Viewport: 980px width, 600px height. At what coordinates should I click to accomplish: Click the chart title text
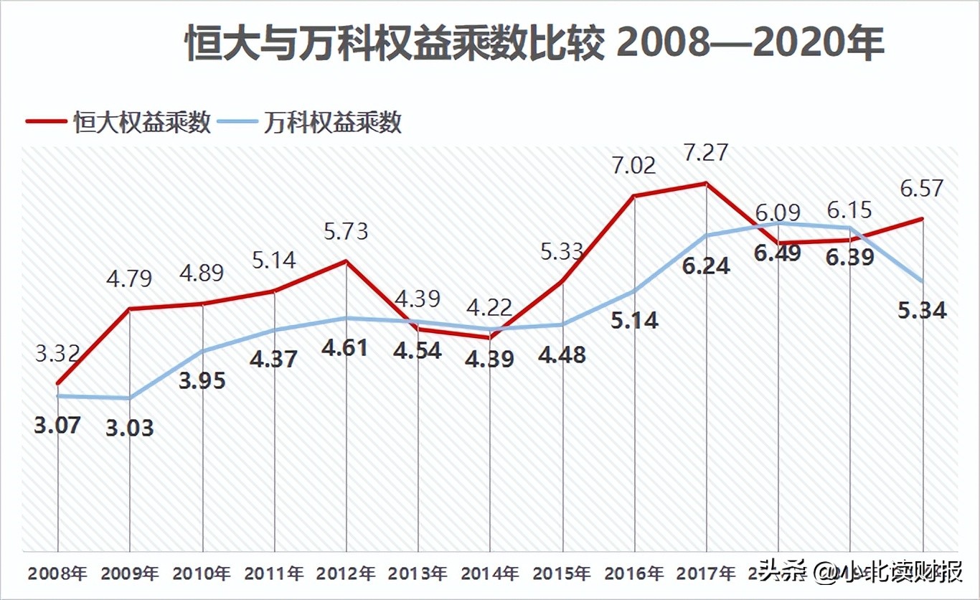(x=534, y=44)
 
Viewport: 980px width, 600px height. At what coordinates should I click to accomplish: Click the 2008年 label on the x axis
(x=58, y=573)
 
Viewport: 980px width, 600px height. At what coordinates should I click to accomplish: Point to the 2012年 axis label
(x=346, y=573)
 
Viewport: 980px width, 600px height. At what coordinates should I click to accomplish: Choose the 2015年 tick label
(x=562, y=573)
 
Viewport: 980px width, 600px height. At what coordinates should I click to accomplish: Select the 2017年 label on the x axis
(x=706, y=573)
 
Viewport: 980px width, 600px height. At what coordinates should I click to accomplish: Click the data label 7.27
(x=706, y=153)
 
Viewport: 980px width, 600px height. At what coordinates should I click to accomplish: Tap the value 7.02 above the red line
(x=633, y=166)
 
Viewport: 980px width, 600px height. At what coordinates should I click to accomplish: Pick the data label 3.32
(x=58, y=353)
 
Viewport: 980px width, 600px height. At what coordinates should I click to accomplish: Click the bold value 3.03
(x=130, y=428)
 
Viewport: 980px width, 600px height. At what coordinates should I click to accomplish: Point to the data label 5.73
(x=346, y=231)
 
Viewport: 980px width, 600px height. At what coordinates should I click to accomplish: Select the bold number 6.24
(x=706, y=266)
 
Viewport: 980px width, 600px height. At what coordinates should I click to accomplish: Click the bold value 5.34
(x=922, y=310)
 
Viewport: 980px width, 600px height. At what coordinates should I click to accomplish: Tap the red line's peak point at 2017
(x=706, y=183)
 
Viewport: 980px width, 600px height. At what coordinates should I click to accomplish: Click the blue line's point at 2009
(x=130, y=398)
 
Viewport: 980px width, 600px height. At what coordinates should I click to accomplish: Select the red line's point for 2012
(x=346, y=261)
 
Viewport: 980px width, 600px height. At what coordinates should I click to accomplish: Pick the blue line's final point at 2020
(x=923, y=280)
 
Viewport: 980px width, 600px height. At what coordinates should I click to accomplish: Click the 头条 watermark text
(x=783, y=572)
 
